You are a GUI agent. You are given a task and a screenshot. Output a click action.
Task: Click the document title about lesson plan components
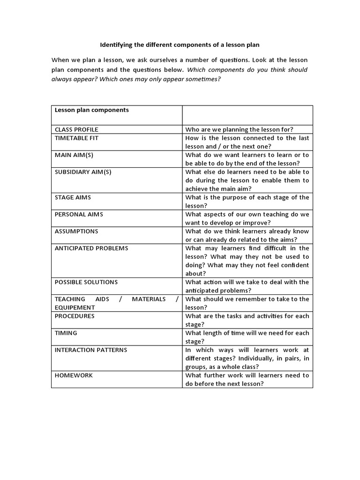click(180, 45)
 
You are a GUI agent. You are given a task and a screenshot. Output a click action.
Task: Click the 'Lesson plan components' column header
click(92, 110)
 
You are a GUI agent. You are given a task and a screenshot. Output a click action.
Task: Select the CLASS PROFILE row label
click(76, 129)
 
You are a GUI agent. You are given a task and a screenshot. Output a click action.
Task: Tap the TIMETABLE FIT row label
click(77, 138)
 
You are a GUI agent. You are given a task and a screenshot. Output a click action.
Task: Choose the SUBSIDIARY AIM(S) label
click(83, 172)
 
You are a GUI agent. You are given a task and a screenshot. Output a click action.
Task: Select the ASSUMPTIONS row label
click(76, 231)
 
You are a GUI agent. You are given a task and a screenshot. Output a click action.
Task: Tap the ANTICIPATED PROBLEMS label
click(91, 248)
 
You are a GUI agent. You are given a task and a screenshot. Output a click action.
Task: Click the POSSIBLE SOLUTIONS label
click(86, 282)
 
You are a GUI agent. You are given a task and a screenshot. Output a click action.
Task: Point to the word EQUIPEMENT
click(75, 307)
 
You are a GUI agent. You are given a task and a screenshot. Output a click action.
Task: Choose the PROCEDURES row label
click(75, 316)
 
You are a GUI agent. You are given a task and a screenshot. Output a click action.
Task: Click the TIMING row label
click(66, 333)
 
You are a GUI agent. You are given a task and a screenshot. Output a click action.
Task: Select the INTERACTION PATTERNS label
click(91, 350)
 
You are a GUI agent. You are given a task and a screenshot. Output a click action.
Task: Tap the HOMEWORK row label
click(74, 375)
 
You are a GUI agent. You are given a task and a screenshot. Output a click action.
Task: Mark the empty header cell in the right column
click(247, 115)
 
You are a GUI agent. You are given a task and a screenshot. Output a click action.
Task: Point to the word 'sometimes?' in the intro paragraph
click(203, 79)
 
